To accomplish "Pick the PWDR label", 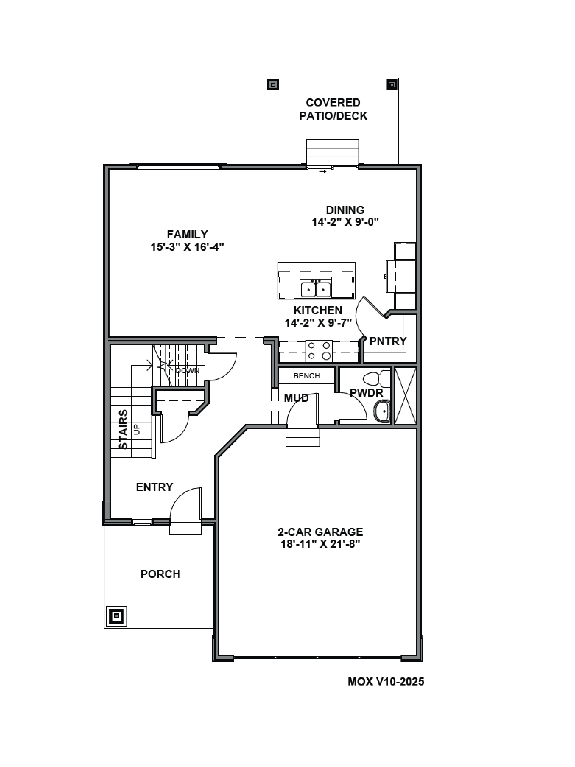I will tap(366, 393).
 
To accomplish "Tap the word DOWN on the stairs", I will tap(187, 371).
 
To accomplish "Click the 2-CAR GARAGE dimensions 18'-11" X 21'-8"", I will tap(320, 544).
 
